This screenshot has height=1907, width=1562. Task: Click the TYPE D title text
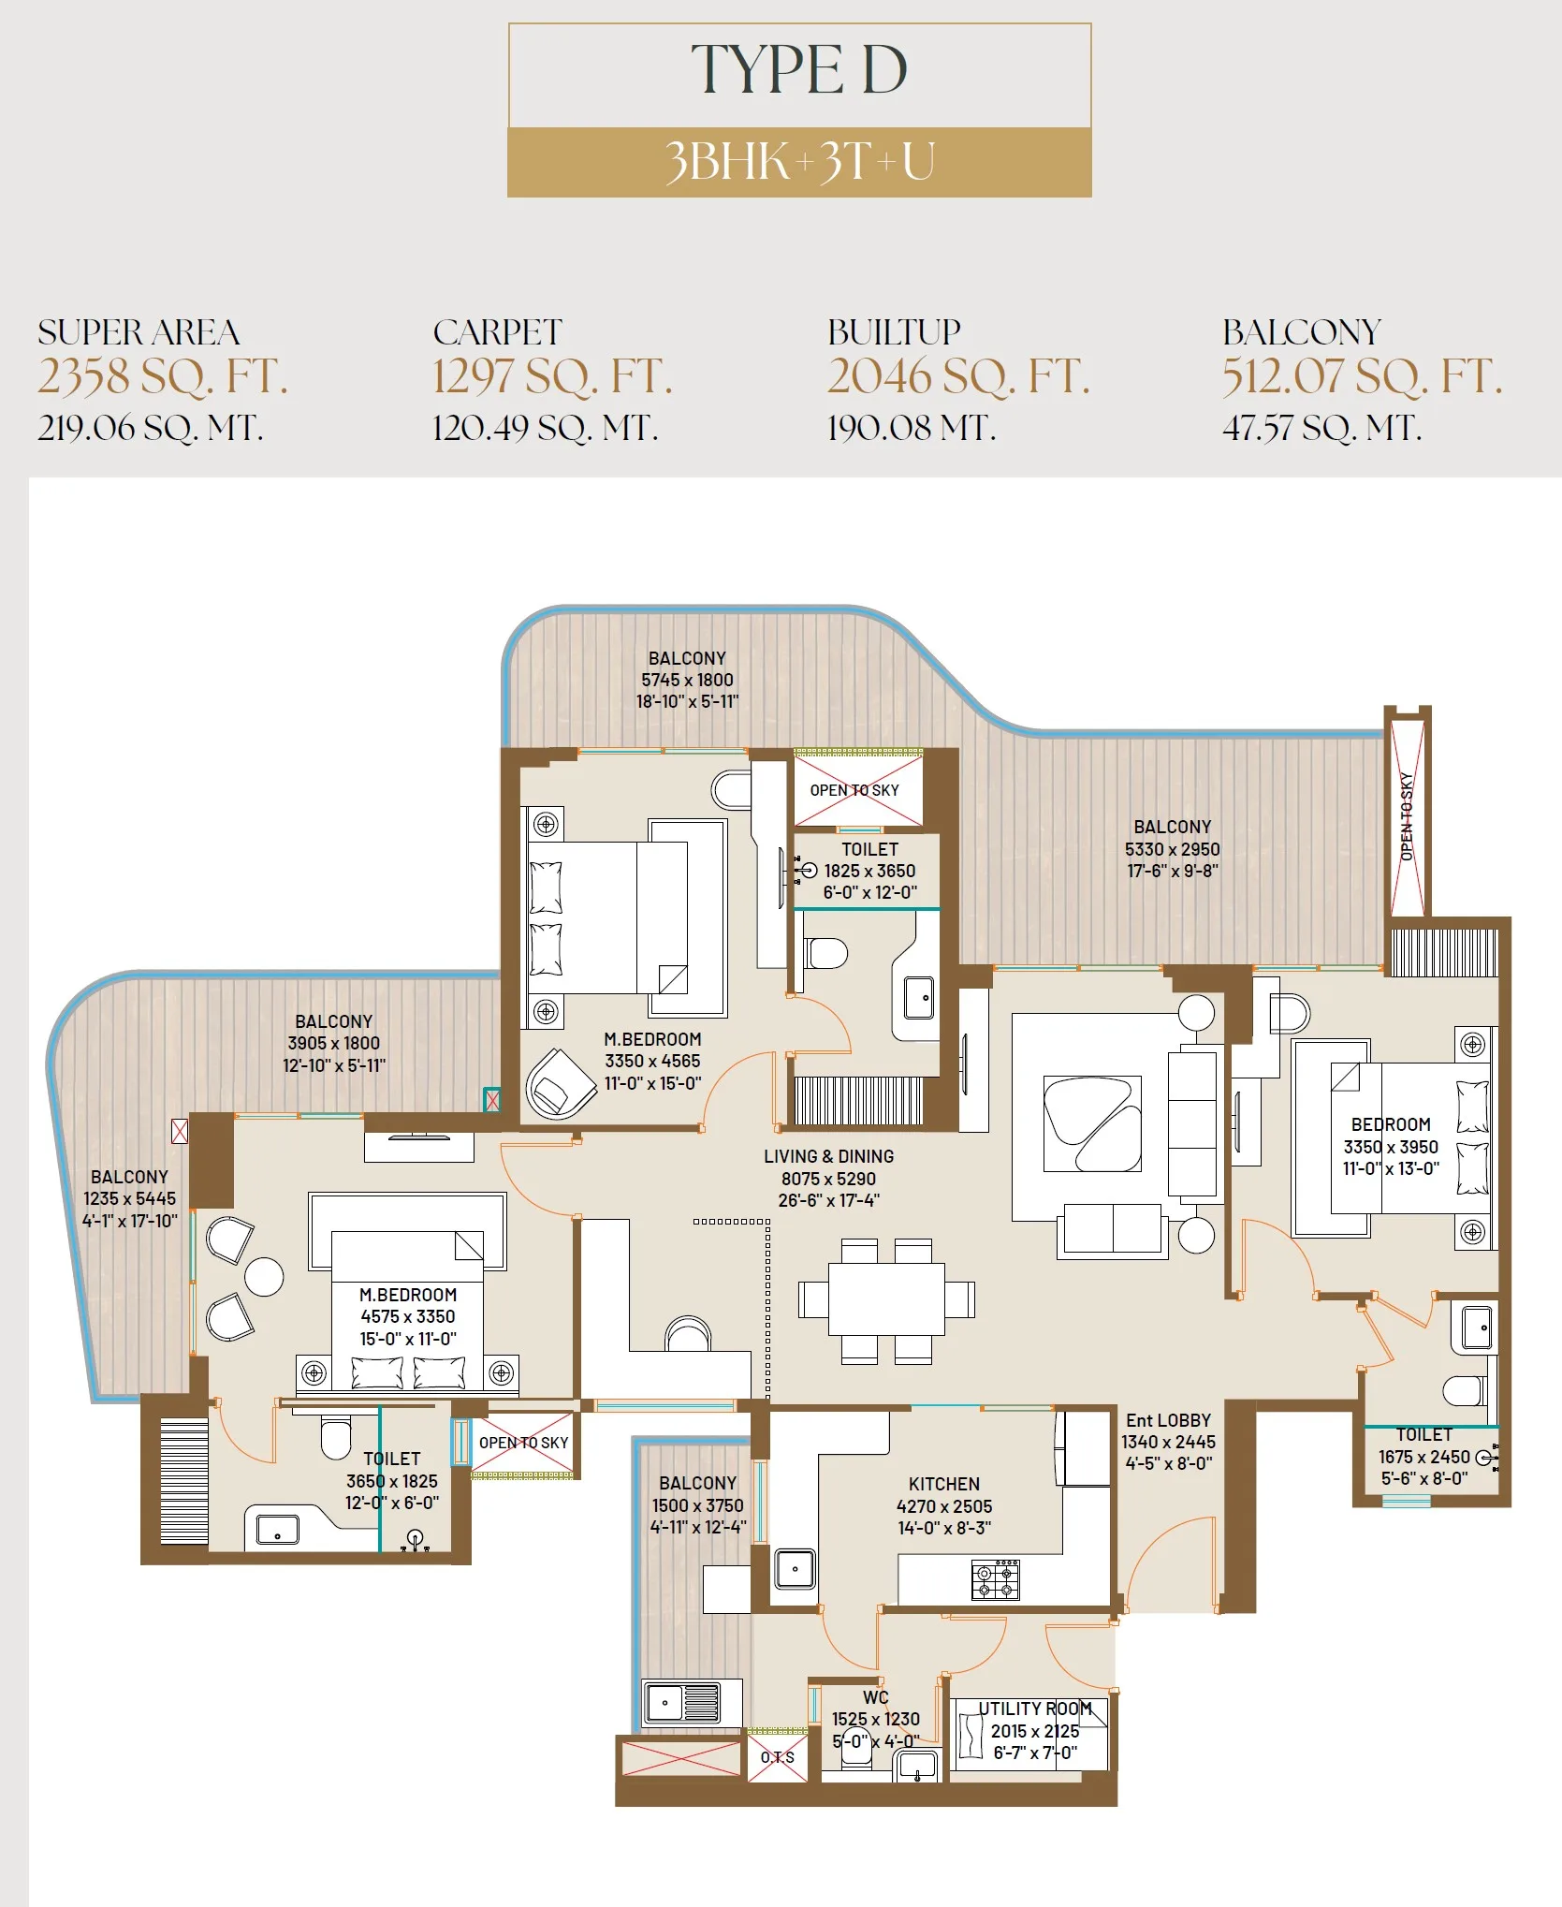coord(799,70)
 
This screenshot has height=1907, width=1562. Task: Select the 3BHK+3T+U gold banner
coord(799,162)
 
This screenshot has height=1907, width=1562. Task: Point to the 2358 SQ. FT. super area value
coord(163,377)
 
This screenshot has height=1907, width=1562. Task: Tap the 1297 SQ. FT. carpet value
coord(552,377)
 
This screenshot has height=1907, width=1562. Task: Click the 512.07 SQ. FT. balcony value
coord(1363,377)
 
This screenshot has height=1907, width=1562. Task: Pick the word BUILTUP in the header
coord(894,332)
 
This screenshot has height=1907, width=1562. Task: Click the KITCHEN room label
coord(944,1484)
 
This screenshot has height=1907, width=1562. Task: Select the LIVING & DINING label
coord(828,1156)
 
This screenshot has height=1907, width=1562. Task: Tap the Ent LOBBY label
coord(1168,1420)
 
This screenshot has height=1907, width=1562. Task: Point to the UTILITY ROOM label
coord(1035,1709)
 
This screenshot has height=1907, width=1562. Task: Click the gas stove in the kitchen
coord(995,1580)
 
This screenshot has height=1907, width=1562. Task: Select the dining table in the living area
coord(886,1299)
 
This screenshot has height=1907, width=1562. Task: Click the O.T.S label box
coord(778,1757)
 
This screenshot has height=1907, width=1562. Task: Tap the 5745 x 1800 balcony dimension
coord(687,680)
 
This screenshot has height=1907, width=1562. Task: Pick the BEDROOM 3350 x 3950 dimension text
coord(1391,1147)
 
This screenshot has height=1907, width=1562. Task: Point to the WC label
coord(875,1697)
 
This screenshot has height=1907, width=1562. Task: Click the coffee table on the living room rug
coord(1092,1123)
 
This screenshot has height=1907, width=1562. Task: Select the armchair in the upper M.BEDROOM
coord(561,1083)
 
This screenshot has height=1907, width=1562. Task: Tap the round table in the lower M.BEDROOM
coord(264,1277)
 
